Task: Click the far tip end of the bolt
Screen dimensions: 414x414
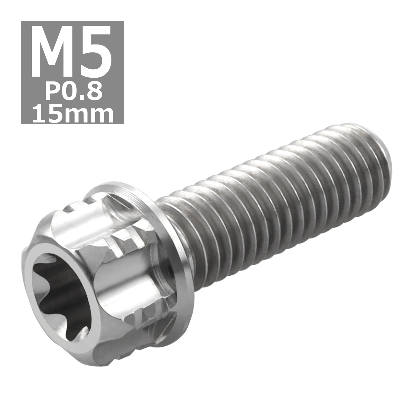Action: (383, 152)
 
